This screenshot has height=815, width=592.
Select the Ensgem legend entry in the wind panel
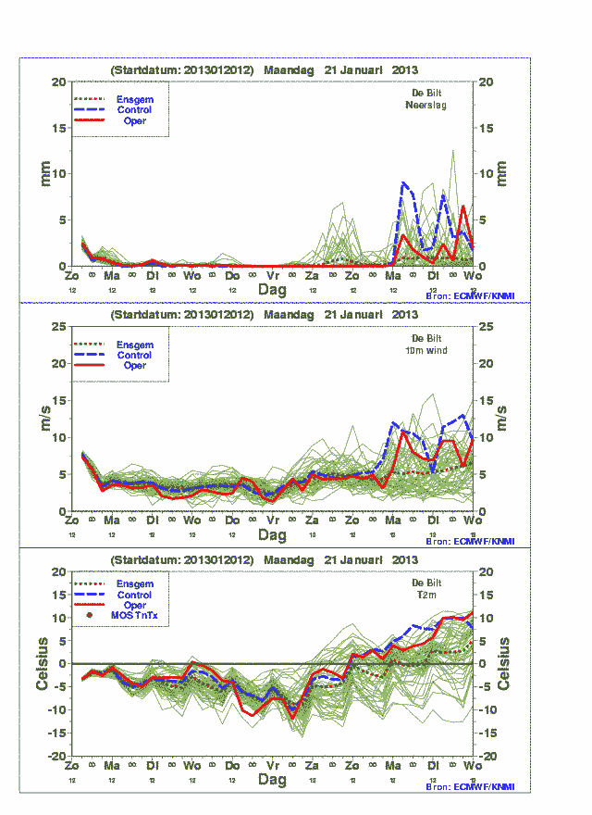[134, 344]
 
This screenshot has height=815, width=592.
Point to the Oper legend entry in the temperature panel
[134, 606]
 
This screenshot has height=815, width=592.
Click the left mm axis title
[44, 173]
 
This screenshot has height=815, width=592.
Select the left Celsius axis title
[43, 663]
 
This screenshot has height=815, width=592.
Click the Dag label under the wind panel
[272, 535]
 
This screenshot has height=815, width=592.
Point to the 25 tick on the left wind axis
[57, 326]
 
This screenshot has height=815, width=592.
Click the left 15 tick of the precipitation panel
[58, 128]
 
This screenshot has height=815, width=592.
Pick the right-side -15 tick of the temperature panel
[489, 733]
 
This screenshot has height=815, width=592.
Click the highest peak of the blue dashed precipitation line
[404, 183]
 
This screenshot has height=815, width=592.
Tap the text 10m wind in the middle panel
[425, 350]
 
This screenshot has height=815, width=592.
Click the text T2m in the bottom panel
[426, 596]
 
